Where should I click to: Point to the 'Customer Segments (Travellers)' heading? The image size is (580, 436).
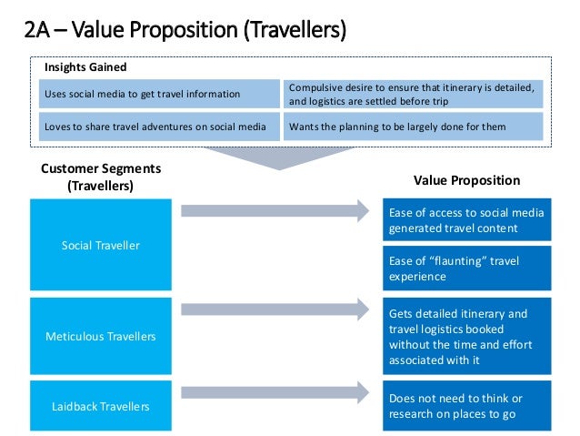click(101, 177)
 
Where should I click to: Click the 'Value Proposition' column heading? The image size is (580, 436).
click(466, 180)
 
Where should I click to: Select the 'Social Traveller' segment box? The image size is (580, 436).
click(101, 246)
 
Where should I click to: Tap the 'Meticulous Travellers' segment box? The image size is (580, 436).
click(101, 336)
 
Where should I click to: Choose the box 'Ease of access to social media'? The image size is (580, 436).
click(466, 220)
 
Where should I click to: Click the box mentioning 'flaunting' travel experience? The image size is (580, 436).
click(466, 268)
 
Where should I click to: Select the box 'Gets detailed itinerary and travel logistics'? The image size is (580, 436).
click(466, 336)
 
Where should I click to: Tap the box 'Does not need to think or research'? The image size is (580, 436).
click(466, 406)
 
